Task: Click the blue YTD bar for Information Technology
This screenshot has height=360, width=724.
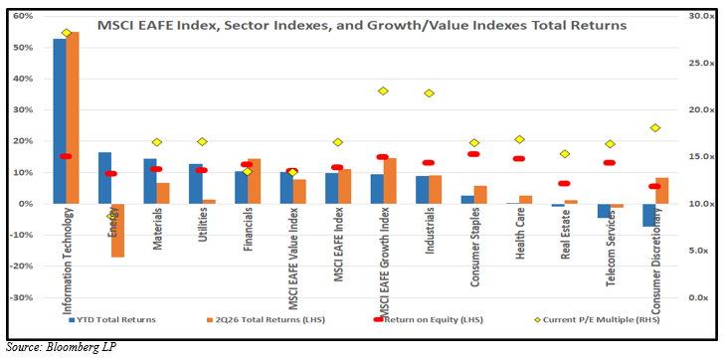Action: tap(60, 121)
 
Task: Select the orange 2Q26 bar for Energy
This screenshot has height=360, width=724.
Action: tap(117, 231)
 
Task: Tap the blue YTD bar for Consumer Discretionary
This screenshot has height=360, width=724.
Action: tap(649, 215)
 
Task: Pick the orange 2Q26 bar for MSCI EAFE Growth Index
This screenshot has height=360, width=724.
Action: tap(390, 181)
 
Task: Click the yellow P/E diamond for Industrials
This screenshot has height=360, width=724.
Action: tap(429, 93)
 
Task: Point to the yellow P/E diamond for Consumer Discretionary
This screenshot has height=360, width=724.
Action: tap(655, 128)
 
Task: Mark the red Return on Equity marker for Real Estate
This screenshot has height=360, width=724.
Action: tap(564, 183)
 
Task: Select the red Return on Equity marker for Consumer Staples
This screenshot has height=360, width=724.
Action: tap(473, 154)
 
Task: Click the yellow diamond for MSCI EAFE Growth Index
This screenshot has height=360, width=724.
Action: tap(383, 90)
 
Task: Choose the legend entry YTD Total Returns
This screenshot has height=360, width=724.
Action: tap(111, 319)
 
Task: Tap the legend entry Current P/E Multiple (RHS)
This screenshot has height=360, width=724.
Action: tap(597, 319)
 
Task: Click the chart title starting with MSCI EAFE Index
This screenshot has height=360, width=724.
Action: tap(362, 25)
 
